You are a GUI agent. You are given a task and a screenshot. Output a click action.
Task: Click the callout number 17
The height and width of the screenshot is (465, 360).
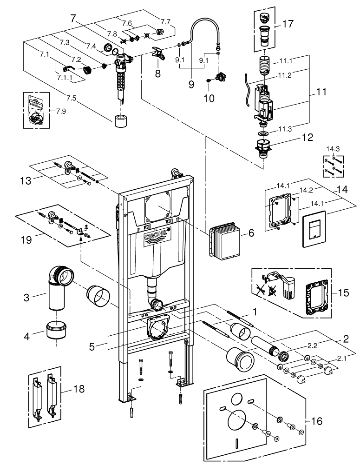tap(288, 23)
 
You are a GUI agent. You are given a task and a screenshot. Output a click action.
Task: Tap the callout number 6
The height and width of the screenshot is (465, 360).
tap(251, 233)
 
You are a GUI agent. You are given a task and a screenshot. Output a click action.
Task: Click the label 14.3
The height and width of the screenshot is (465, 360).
tap(333, 149)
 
